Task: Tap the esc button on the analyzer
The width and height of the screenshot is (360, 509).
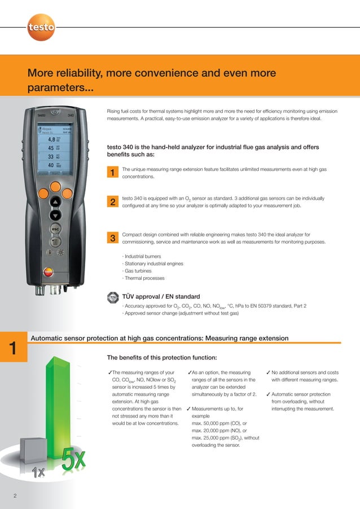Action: [x=55, y=230]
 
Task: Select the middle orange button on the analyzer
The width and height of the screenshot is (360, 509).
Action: [x=55, y=187]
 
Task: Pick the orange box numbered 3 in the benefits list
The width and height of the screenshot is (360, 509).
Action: [x=113, y=238]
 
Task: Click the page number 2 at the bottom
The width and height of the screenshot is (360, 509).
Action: [x=16, y=496]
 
